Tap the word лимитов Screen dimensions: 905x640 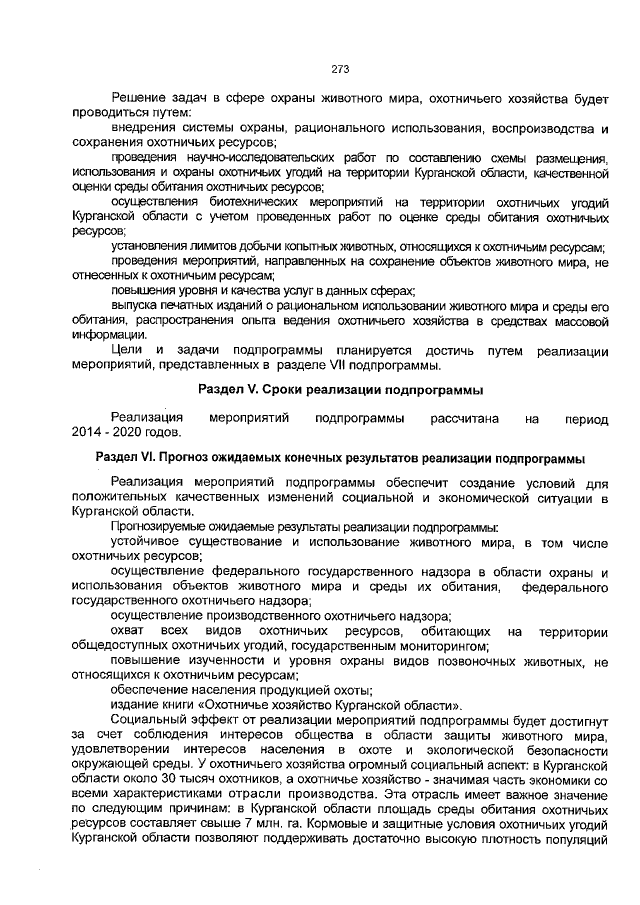(216, 245)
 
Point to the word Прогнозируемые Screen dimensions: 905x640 (160, 526)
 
